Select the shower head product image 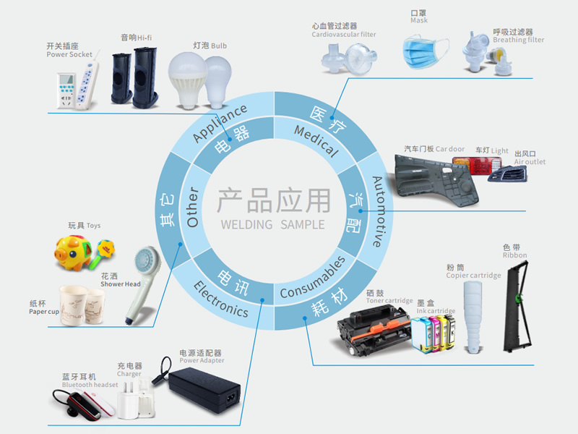click(143, 284)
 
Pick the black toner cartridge click(375, 331)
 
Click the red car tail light click(477, 166)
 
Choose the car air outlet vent click(508, 174)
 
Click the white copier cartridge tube click(473, 317)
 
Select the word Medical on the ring click(316, 141)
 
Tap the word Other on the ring click(192, 207)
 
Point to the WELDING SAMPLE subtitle click(273, 224)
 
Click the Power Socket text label click(69, 54)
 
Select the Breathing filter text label click(519, 40)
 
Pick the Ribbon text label click(515, 255)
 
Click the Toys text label click(94, 226)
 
